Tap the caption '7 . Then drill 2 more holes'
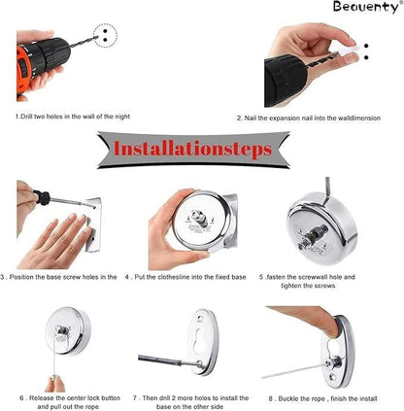[x=199, y=401]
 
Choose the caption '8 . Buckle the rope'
[x=324, y=397]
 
